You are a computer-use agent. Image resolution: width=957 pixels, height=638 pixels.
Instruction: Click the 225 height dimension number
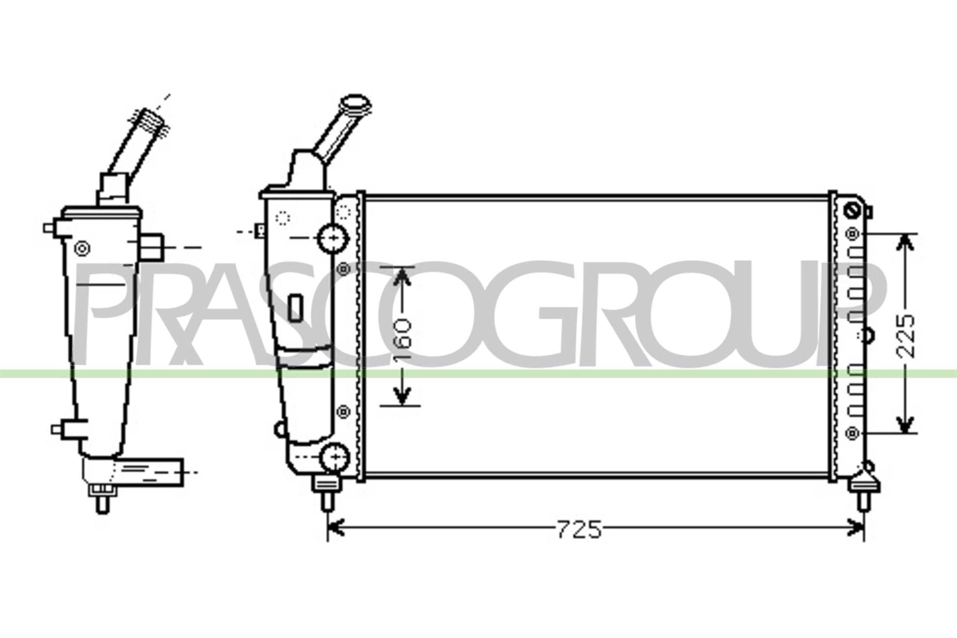point(906,337)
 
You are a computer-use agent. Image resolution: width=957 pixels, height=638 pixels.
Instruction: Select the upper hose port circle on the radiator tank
point(333,238)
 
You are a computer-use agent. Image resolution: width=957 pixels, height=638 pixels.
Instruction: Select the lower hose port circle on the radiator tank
point(335,458)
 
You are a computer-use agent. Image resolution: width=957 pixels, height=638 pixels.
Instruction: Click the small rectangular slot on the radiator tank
point(295,307)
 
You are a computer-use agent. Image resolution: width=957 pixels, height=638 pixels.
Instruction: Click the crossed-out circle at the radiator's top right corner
point(852,211)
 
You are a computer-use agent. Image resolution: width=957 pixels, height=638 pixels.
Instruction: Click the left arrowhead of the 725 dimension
point(336,528)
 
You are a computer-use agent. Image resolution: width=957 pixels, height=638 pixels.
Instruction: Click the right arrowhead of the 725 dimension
point(855,528)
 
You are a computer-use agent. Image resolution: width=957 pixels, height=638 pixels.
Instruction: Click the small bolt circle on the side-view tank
point(82,248)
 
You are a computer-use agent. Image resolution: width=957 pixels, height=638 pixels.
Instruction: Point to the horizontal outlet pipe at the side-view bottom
point(151,472)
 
